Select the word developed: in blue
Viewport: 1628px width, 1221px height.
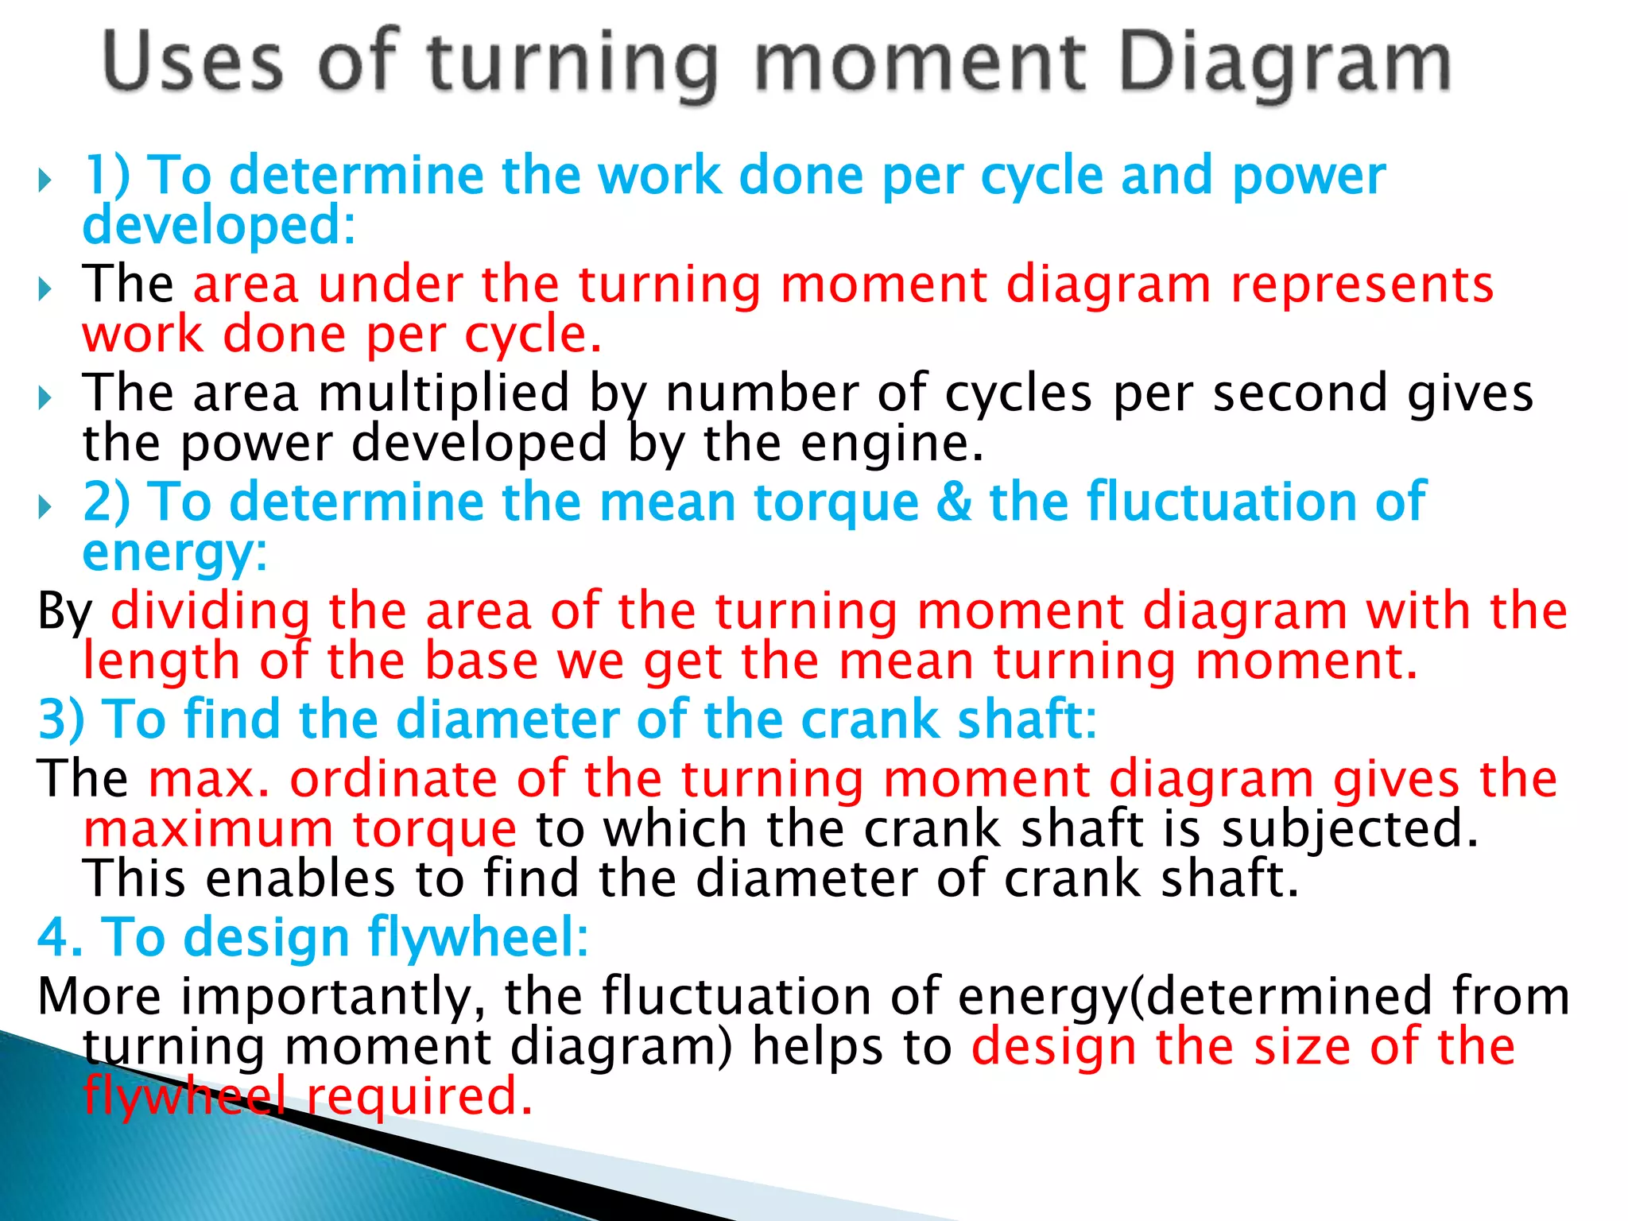pos(219,227)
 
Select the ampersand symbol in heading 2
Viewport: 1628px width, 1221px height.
pos(954,502)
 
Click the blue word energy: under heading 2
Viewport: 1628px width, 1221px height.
pos(175,554)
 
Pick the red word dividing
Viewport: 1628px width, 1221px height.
pos(210,612)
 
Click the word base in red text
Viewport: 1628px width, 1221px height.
pos(481,661)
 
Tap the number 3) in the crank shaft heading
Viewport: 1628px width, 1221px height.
pos(61,719)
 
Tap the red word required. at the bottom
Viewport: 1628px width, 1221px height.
pos(419,1096)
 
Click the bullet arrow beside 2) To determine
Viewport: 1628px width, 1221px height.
pos(45,506)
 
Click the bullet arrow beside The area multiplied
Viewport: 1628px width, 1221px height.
pos(45,397)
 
